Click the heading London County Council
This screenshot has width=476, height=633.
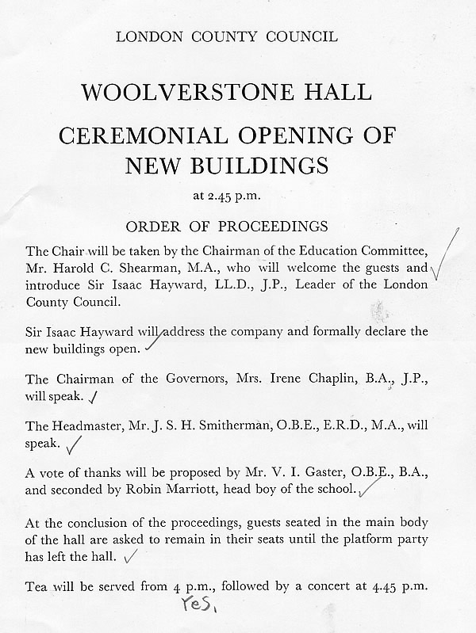point(227,36)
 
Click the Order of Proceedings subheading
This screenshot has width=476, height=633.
point(227,226)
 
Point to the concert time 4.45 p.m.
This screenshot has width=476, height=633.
point(401,587)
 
